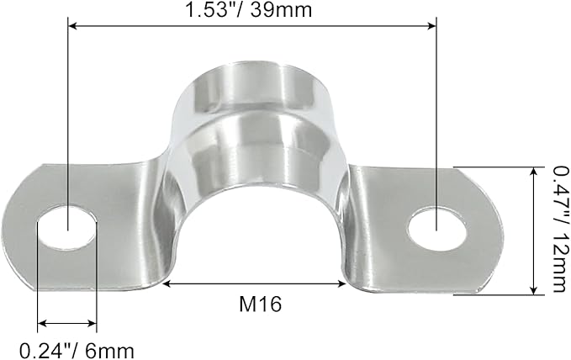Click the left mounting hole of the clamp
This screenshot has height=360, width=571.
(67, 228)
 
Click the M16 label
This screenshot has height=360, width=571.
(256, 304)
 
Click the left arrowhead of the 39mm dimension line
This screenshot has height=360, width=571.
(72, 27)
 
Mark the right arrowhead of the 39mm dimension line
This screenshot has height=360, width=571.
(431, 27)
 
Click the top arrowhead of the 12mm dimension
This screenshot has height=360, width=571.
(533, 171)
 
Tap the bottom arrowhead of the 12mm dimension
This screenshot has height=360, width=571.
(533, 290)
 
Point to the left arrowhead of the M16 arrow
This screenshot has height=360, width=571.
(167, 283)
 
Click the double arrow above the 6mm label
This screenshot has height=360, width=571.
(67, 322)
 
